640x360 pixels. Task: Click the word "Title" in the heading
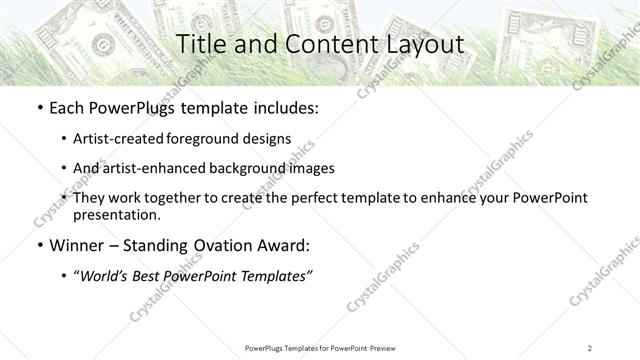point(200,45)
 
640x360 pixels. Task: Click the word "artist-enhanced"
point(155,168)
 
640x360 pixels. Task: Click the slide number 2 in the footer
point(590,347)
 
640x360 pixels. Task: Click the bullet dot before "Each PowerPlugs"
point(39,108)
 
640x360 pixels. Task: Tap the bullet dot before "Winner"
point(39,246)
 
